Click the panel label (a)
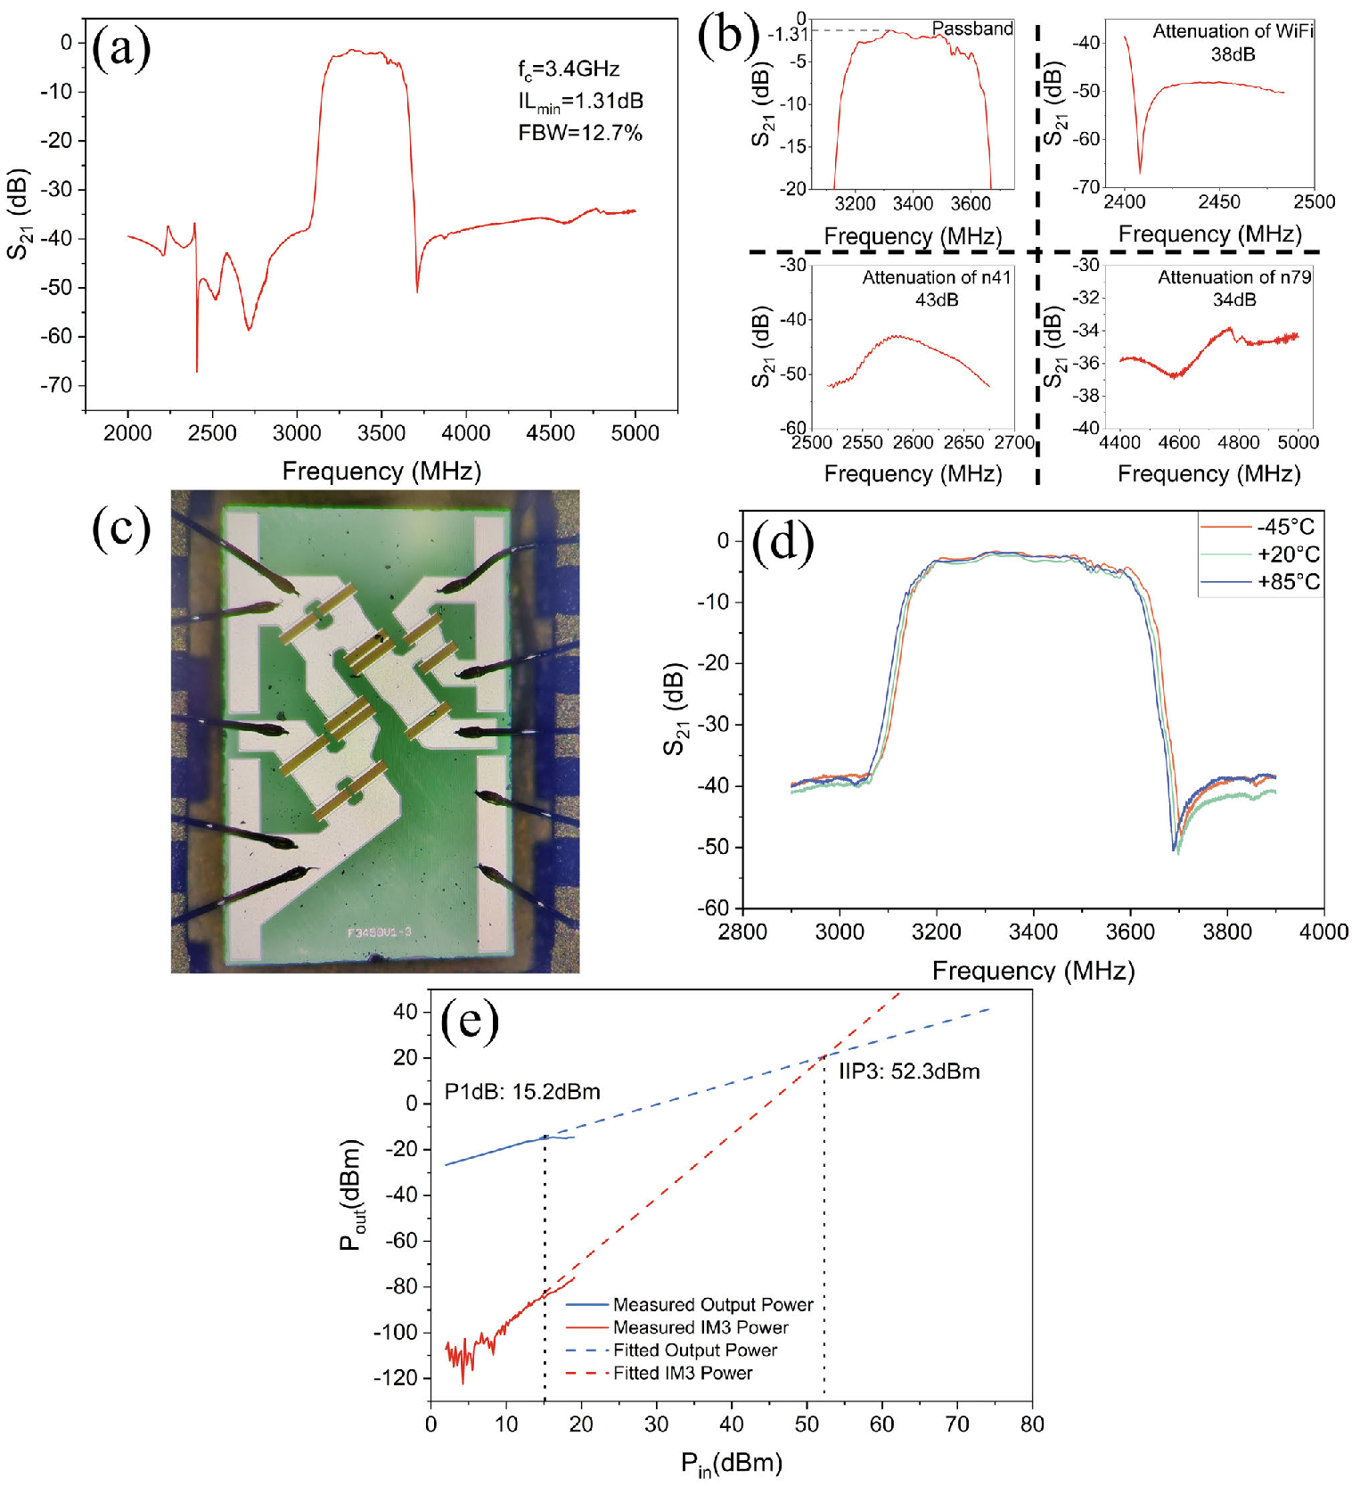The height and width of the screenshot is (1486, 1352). [121, 49]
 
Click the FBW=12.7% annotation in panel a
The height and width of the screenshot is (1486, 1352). [580, 134]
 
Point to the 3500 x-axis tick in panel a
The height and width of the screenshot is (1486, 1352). [381, 433]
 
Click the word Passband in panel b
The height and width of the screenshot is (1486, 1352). [972, 29]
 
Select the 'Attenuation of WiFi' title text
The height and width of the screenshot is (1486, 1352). [1233, 31]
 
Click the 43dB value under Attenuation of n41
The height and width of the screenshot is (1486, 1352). [937, 300]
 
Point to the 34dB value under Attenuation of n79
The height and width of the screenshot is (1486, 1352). [1234, 300]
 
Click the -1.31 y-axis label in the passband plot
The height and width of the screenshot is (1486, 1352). [787, 35]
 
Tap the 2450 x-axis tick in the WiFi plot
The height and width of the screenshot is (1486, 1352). [1219, 201]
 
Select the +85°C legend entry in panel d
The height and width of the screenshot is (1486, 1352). [1288, 582]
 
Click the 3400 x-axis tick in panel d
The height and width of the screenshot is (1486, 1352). [1033, 932]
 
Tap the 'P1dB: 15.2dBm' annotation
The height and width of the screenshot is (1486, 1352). [522, 1092]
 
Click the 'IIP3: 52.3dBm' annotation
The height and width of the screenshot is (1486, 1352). [908, 1071]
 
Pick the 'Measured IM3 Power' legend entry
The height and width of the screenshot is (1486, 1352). [700, 1328]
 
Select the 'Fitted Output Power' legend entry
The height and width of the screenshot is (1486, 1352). [694, 1351]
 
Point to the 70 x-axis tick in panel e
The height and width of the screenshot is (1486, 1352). [957, 1424]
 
